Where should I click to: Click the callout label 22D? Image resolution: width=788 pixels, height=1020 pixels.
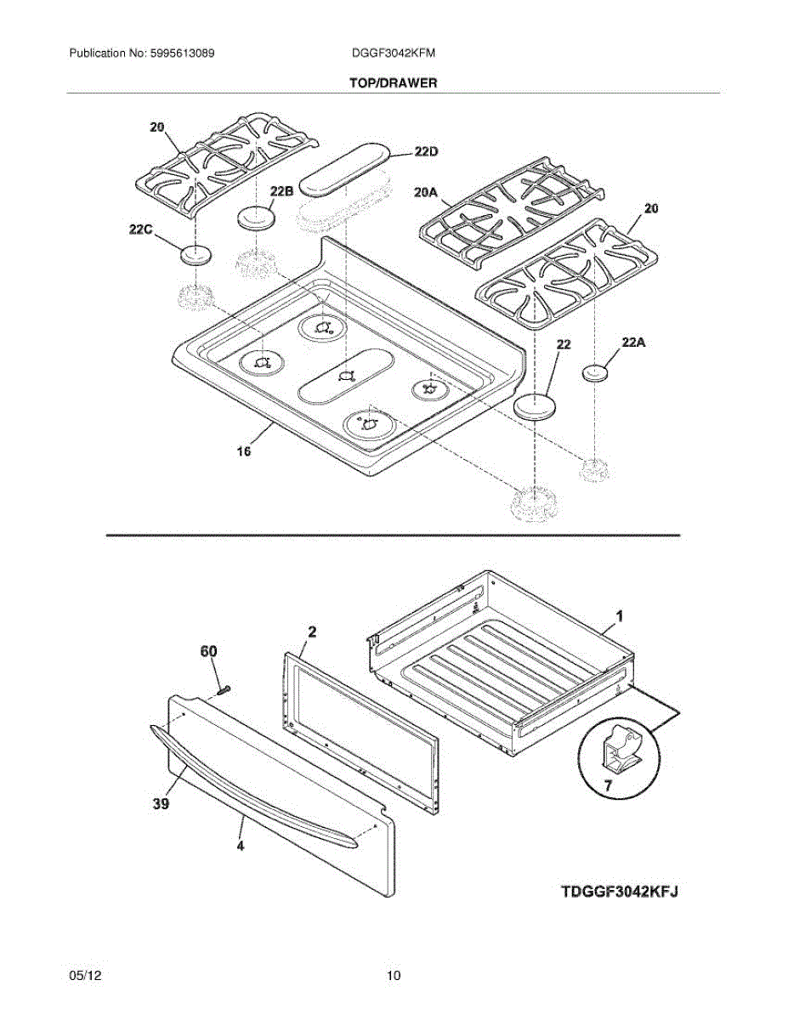point(426,151)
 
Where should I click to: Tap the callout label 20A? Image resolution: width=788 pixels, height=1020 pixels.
point(426,195)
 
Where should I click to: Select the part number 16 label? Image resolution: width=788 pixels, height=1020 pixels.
point(244,452)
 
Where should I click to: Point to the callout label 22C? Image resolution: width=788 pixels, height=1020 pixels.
point(141,229)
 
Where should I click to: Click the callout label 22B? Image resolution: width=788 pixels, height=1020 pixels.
point(281,192)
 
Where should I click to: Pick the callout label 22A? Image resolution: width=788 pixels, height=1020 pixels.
point(634,343)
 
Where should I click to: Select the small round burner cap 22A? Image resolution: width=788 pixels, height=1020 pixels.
point(598,371)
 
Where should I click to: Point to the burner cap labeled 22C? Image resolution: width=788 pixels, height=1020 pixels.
point(196,253)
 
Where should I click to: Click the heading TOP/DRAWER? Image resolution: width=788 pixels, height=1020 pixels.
point(393,83)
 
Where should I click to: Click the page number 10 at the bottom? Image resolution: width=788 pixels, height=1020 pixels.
point(393,976)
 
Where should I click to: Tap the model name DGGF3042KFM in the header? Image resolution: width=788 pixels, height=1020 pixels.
point(394,53)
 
